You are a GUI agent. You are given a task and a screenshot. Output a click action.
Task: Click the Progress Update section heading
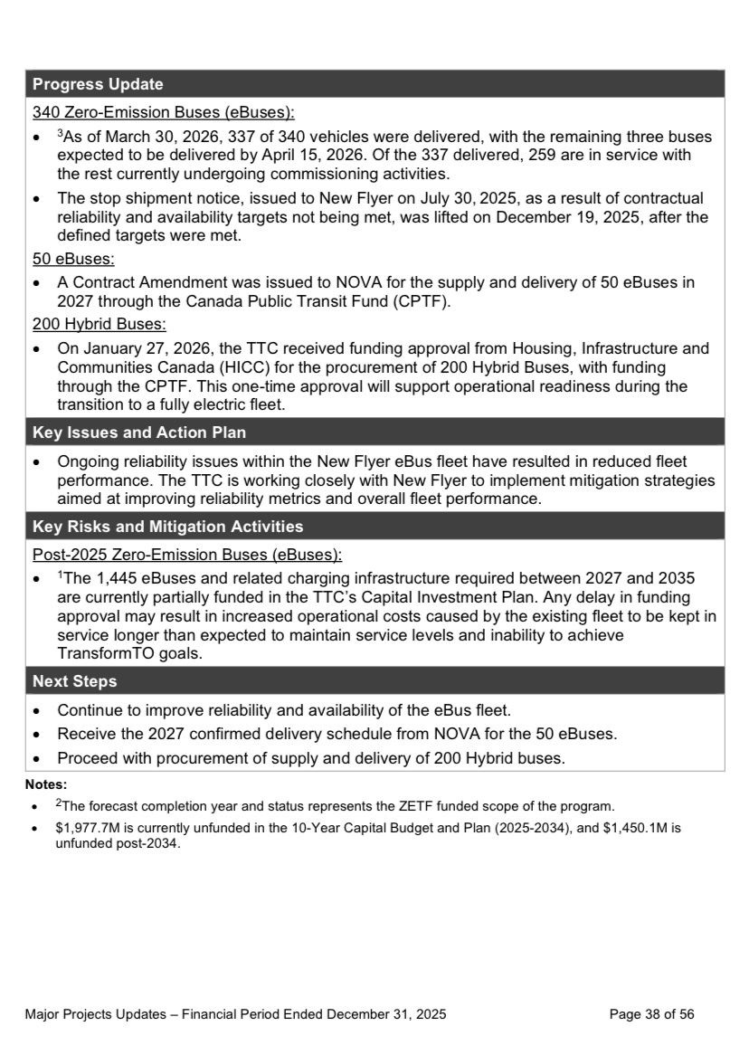point(98,85)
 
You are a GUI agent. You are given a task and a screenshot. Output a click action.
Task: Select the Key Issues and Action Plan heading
point(139,432)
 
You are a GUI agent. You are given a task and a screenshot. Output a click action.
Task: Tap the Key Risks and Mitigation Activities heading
point(167,526)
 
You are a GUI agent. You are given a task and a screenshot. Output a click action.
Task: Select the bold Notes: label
point(47,784)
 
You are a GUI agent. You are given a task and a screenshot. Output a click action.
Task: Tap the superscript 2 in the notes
point(58,800)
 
